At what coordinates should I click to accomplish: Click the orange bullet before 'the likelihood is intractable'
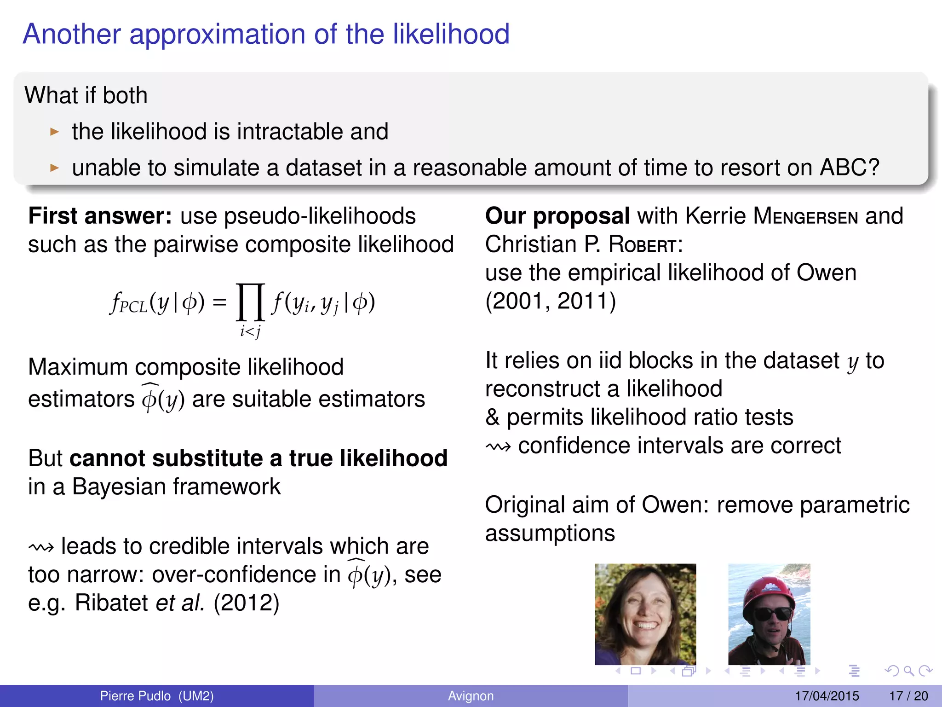pyautogui.click(x=55, y=132)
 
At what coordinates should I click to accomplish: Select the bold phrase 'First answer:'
pyautogui.click(x=100, y=216)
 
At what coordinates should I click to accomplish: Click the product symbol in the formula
pyautogui.click(x=250, y=302)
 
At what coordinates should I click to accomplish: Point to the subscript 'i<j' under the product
pyautogui.click(x=250, y=331)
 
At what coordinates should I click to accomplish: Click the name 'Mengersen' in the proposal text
pyautogui.click(x=805, y=216)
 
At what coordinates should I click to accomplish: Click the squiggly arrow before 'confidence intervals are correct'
pyautogui.click(x=498, y=446)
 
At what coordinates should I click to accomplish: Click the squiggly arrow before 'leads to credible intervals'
pyautogui.click(x=41, y=547)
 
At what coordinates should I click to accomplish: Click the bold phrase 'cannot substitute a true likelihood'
pyautogui.click(x=258, y=458)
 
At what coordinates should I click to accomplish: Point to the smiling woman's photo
pyautogui.click(x=645, y=614)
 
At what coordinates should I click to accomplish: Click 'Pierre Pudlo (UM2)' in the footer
pyautogui.click(x=157, y=696)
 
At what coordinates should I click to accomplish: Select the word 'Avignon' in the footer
pyautogui.click(x=471, y=696)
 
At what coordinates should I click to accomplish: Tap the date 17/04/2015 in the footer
pyautogui.click(x=827, y=696)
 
